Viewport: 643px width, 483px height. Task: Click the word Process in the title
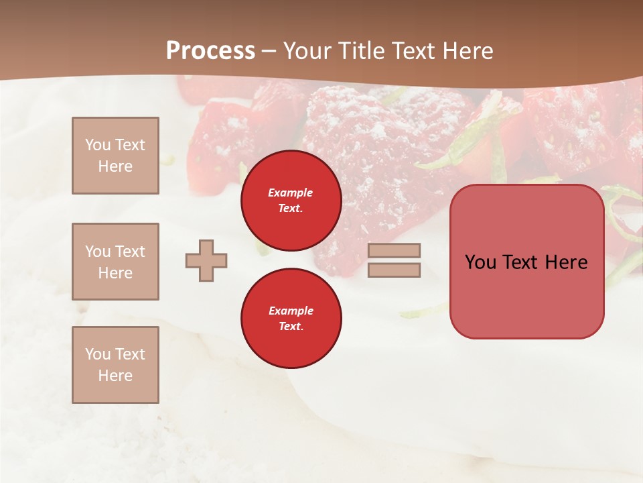pos(210,51)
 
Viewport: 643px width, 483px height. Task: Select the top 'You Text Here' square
pos(115,156)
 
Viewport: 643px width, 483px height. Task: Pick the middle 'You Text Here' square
pos(115,262)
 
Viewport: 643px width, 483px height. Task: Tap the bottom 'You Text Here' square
pos(115,365)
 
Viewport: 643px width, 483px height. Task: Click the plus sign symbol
pos(206,260)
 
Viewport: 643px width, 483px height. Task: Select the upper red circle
pos(291,201)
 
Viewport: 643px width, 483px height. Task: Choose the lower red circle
pos(291,319)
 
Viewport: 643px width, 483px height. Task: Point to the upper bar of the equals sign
pos(394,250)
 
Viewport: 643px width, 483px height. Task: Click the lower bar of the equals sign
pos(394,270)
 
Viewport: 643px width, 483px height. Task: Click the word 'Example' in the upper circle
pos(291,193)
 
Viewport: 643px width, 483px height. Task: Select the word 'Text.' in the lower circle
pos(291,326)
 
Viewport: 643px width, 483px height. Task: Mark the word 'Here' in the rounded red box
pos(566,262)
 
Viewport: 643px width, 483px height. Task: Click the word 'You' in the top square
pos(98,145)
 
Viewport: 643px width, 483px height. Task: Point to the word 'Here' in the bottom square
pos(115,376)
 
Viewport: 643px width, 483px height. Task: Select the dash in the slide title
pos(269,51)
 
